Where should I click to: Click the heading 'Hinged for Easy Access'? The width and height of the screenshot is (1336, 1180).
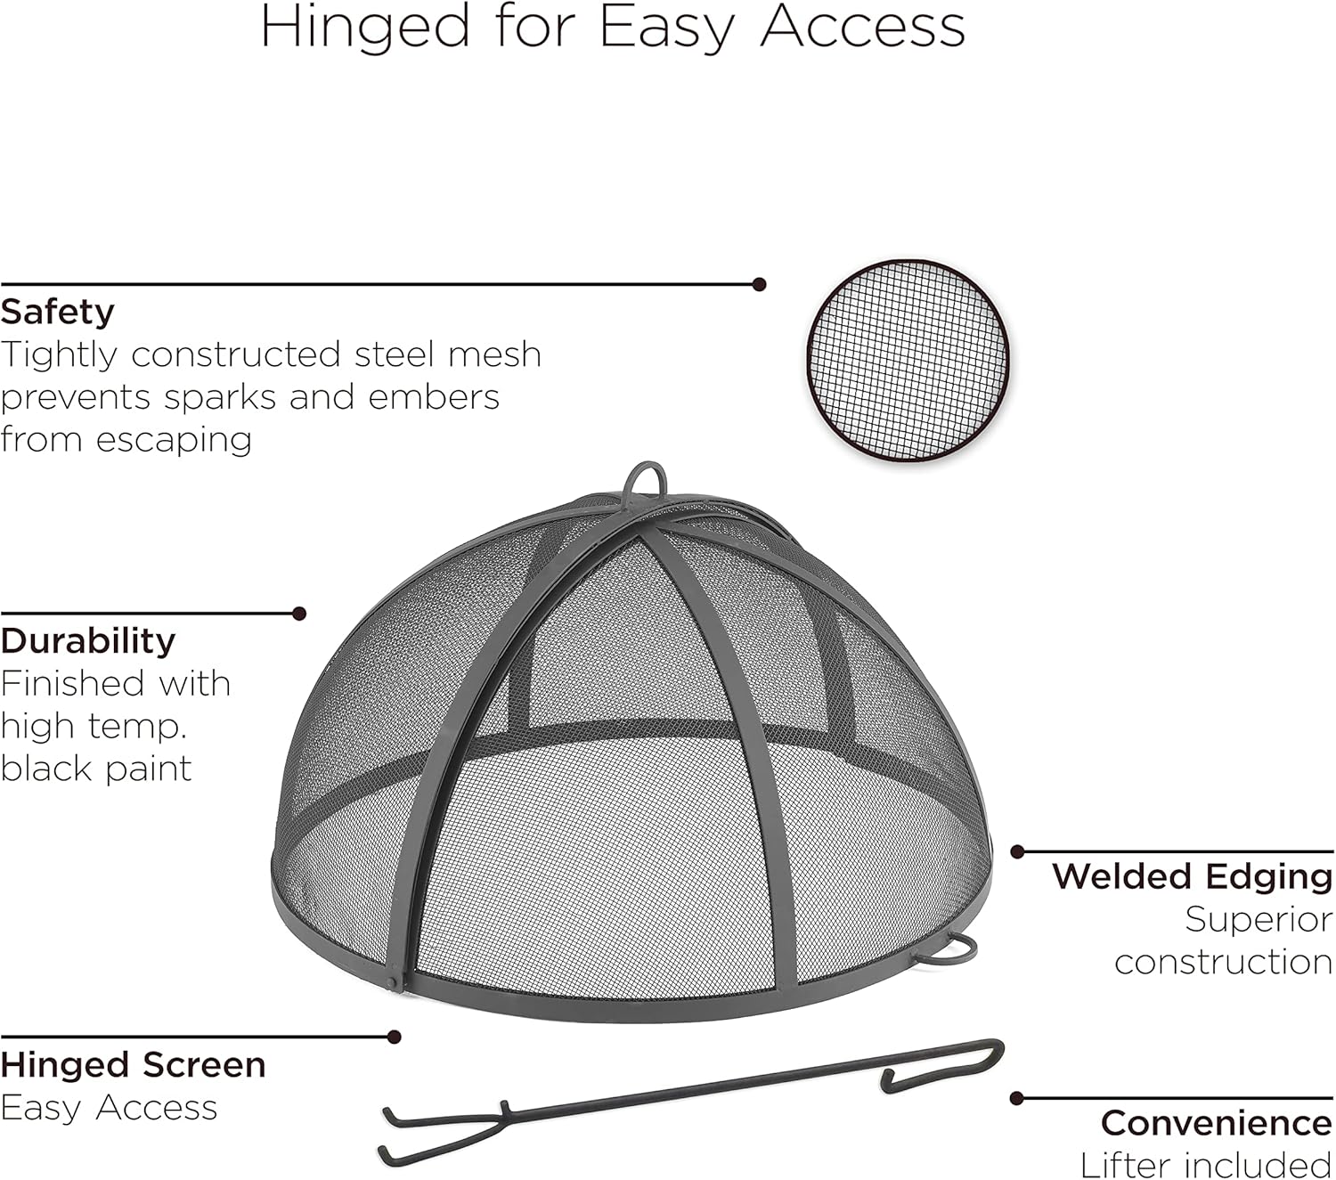pos(613,27)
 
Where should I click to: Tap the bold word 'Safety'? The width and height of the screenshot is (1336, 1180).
pos(58,313)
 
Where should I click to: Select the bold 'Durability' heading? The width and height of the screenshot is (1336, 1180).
pos(88,641)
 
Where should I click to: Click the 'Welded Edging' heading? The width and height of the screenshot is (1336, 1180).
pos(1192,876)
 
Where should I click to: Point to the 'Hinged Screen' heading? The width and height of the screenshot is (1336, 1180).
pos(134,1065)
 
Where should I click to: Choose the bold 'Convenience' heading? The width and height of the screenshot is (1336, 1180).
pos(1216,1123)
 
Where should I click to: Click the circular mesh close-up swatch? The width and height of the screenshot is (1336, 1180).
pos(908,361)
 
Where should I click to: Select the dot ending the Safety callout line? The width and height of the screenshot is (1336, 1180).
pos(759,285)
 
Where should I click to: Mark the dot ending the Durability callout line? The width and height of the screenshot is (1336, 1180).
pos(299,614)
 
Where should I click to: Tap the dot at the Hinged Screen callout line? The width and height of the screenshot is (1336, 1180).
pos(395,1037)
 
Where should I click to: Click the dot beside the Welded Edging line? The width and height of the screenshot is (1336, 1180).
pos(1017,852)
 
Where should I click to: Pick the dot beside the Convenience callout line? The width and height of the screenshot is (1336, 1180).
pos(1017,1099)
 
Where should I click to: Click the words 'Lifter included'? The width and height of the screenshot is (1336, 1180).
pos(1206,1165)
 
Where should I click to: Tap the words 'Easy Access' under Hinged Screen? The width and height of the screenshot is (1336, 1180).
pos(109,1108)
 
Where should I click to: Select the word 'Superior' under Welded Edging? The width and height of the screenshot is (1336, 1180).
pos(1258,920)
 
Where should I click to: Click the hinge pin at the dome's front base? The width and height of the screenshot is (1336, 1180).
pos(394,981)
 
